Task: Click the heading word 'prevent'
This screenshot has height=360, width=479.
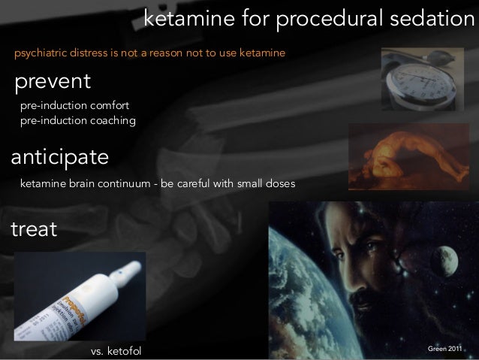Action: click(x=50, y=80)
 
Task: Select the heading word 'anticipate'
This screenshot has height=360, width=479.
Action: click(x=59, y=159)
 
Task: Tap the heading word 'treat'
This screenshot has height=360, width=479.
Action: click(x=33, y=229)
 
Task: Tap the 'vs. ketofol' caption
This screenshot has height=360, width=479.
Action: click(x=116, y=352)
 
